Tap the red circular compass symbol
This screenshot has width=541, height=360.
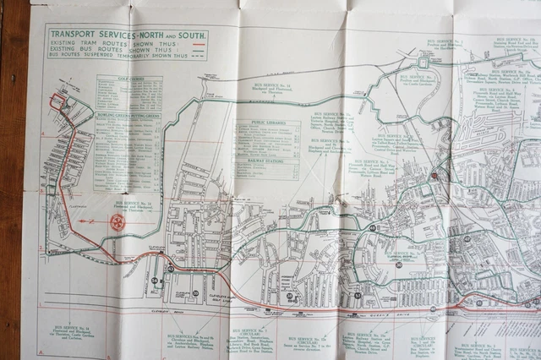coord(117,222)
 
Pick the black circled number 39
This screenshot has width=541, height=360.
coord(196,293)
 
